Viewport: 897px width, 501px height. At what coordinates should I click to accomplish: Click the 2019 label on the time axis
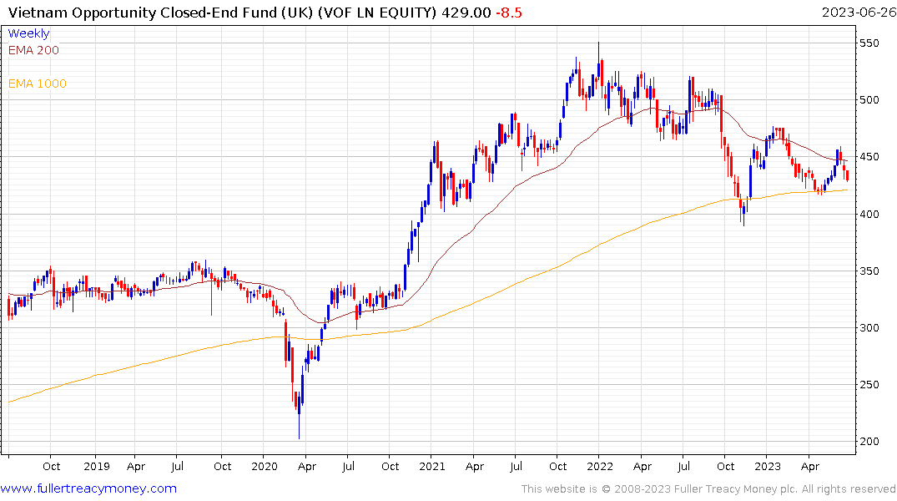point(97,467)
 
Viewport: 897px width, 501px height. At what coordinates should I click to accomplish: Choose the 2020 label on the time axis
point(265,467)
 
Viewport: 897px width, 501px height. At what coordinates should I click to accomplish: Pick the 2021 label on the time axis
point(432,467)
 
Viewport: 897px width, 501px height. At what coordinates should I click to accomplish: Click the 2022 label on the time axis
point(600,467)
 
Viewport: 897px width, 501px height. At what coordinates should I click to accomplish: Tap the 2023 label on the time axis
point(768,467)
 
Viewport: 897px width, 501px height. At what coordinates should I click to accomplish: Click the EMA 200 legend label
point(33,50)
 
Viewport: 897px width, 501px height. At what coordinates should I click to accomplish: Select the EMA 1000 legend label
point(38,83)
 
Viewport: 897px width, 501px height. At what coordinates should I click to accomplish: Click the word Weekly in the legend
point(28,33)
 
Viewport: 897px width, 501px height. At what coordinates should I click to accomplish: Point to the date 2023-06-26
point(855,13)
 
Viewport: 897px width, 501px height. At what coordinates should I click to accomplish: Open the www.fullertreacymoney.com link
point(88,488)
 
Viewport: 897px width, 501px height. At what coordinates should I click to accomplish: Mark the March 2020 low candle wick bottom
point(299,438)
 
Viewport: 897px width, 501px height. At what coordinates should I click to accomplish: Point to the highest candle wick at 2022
point(598,43)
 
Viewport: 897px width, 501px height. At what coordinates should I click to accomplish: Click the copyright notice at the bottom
point(708,488)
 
